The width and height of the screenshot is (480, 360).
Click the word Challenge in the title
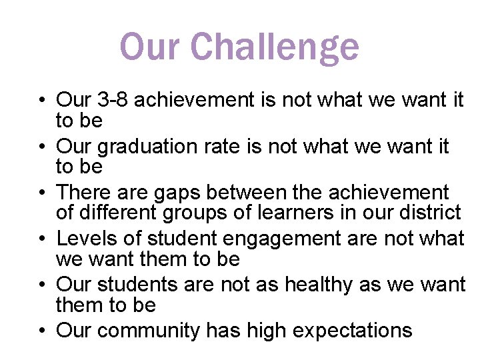[275, 47]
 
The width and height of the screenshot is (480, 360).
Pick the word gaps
[175, 193]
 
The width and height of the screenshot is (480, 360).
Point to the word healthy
[319, 285]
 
